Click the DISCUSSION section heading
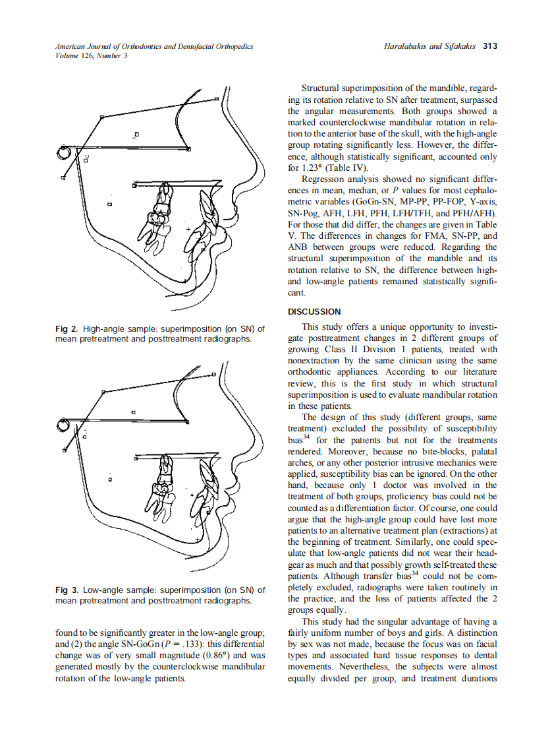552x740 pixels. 314,311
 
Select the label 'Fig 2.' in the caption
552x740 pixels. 67,328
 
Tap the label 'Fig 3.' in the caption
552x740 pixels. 67,590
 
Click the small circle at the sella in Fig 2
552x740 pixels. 64,152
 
